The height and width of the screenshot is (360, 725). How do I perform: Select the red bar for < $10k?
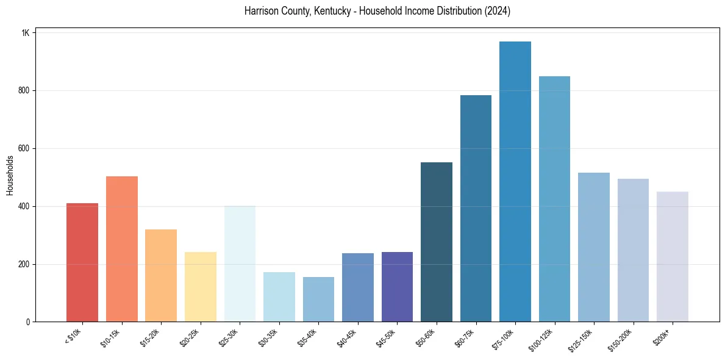click(x=82, y=262)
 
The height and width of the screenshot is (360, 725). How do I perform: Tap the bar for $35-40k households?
click(x=318, y=300)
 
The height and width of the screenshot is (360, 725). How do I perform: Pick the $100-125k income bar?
click(x=554, y=199)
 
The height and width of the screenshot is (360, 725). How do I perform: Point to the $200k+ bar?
click(x=673, y=257)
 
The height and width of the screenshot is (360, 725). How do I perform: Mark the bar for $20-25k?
click(x=201, y=287)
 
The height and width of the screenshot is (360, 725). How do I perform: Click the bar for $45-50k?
click(x=397, y=287)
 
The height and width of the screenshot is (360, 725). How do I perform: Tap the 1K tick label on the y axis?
click(x=26, y=33)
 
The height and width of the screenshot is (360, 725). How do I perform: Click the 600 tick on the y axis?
click(x=24, y=148)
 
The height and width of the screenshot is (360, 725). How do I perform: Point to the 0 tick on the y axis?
click(x=27, y=322)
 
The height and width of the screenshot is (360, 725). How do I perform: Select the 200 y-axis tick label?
click(x=24, y=264)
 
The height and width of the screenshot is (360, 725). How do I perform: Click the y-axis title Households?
click(x=10, y=175)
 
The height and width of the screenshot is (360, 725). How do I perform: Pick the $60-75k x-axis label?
click(x=467, y=337)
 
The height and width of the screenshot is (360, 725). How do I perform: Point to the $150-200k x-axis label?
click(x=623, y=339)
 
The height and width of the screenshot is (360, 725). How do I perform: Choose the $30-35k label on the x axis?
click(x=270, y=337)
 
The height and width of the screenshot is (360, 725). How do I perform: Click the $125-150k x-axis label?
click(x=584, y=339)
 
